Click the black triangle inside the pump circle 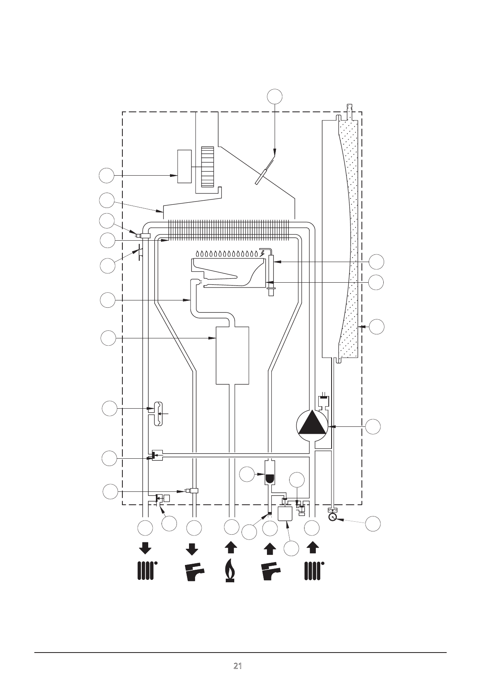coord(312,422)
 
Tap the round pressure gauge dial coord(333,517)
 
